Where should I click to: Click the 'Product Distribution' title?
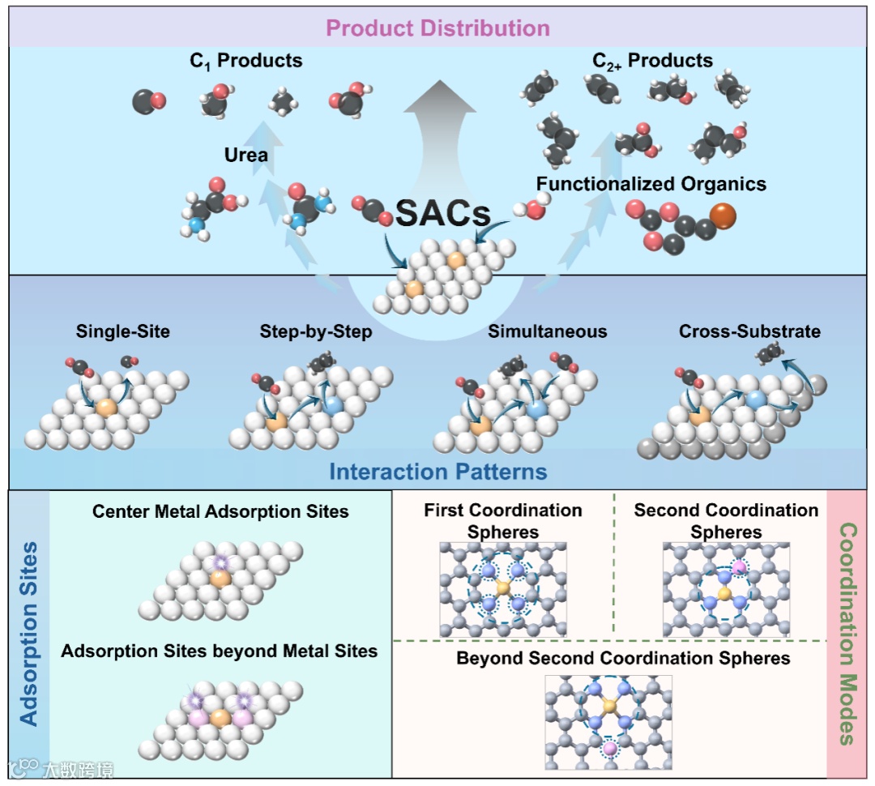coord(437,28)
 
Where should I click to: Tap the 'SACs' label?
coord(442,213)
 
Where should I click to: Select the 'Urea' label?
coord(245,154)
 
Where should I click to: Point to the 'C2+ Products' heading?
coord(652,61)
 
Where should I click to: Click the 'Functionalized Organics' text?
coord(651,184)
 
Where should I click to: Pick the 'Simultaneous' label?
coord(547,331)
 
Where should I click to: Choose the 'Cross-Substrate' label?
coord(749,331)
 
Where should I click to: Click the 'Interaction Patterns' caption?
coord(437,472)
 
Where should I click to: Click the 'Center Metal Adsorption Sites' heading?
coord(220,511)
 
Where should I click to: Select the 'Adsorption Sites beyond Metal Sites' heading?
coord(220,651)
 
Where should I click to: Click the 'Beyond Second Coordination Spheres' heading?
coord(623,657)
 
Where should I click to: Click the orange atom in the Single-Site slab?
coord(105,407)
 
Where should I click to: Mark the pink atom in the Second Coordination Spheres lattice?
coord(738,568)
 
